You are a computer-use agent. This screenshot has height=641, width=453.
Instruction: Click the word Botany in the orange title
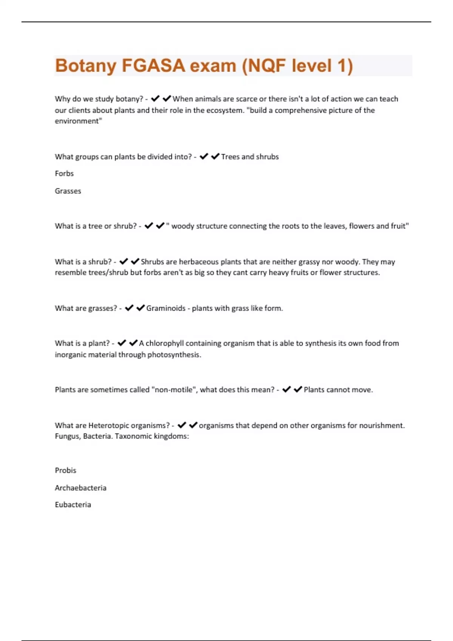[x=86, y=66]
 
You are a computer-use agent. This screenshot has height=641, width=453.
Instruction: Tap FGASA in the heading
[x=153, y=66]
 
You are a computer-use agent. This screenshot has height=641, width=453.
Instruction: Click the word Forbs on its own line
[x=64, y=173]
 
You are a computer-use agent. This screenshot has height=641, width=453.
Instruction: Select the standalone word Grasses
[x=68, y=191]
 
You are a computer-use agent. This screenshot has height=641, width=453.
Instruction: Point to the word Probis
[x=65, y=470]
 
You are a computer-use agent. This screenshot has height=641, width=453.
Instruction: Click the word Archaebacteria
[x=80, y=488]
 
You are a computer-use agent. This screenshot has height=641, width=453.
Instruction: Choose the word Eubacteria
[x=73, y=505]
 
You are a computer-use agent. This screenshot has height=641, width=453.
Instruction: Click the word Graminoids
[x=166, y=308]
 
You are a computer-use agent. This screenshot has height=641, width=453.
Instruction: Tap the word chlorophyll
[x=165, y=343]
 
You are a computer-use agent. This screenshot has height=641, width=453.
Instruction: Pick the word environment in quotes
[x=78, y=121]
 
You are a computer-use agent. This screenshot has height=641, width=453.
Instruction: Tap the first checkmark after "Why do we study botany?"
[x=155, y=99]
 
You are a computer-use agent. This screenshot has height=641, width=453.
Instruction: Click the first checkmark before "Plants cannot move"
[x=287, y=389]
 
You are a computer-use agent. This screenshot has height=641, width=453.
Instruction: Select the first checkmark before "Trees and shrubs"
[x=204, y=156]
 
